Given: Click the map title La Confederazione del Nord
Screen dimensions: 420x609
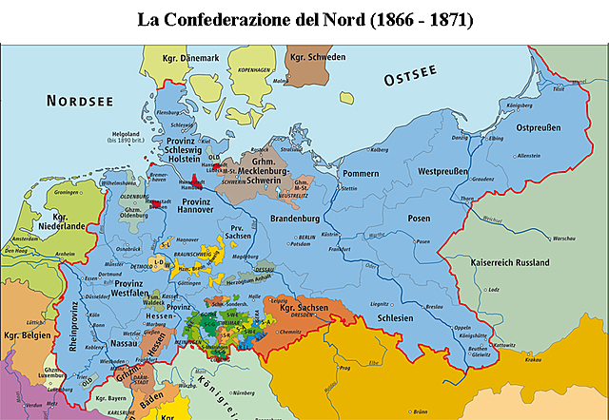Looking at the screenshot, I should pyautogui.click(x=304, y=18).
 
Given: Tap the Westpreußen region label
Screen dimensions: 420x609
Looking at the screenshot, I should pyautogui.click(x=447, y=172).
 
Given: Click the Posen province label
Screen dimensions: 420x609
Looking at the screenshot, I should pyautogui.click(x=419, y=219).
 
